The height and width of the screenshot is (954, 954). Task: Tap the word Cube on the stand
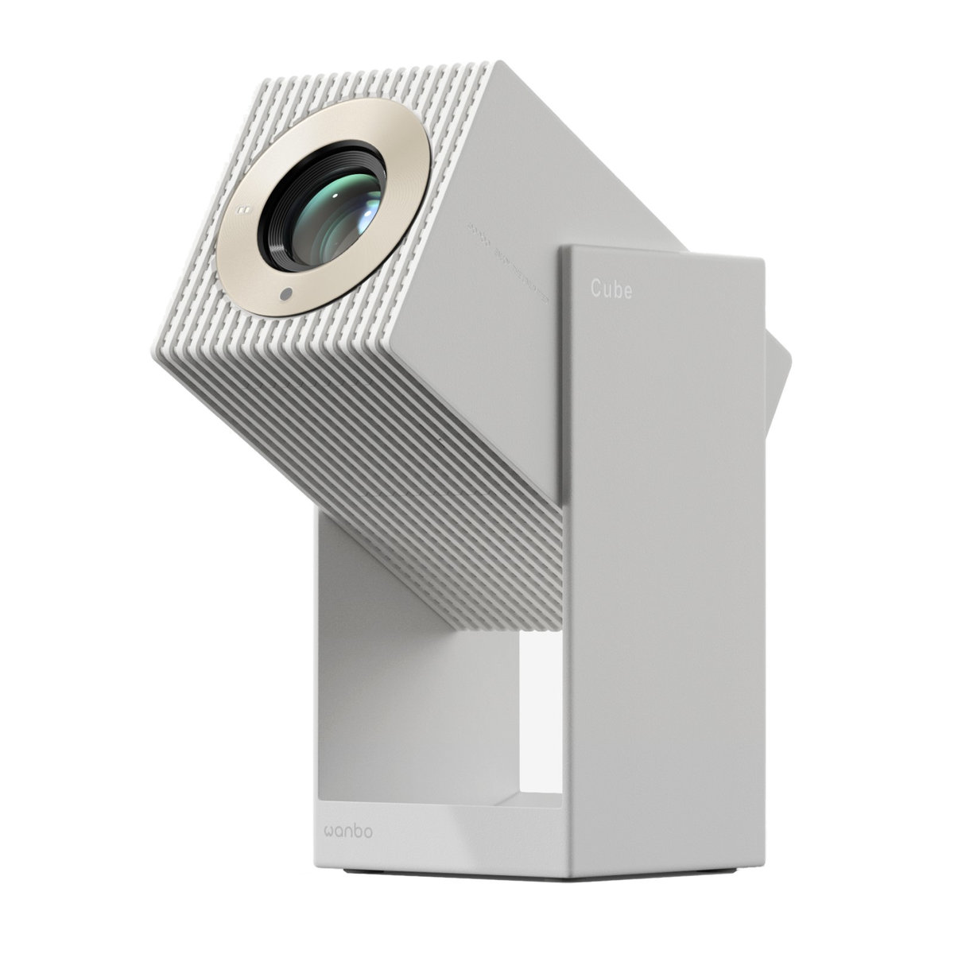pyautogui.click(x=611, y=290)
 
